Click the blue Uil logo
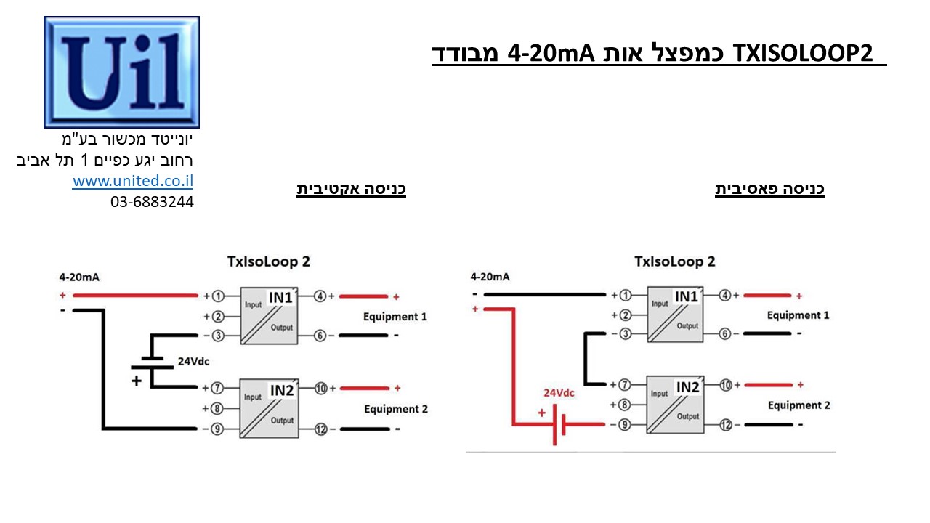(121, 72)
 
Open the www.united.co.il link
(133, 182)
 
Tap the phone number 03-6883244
(152, 202)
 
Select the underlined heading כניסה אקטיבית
(351, 189)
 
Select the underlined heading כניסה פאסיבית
(769, 189)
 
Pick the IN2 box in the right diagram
(675, 404)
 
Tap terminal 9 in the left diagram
(217, 429)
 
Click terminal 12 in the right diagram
(725, 425)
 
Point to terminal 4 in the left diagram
(320, 296)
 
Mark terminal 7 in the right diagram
(623, 384)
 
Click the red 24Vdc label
(559, 393)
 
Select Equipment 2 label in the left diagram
(396, 409)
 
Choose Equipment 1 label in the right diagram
(798, 315)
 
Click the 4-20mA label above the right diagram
(490, 277)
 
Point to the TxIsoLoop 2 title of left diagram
(269, 261)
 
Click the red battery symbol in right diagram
(559, 424)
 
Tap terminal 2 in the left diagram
(217, 316)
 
